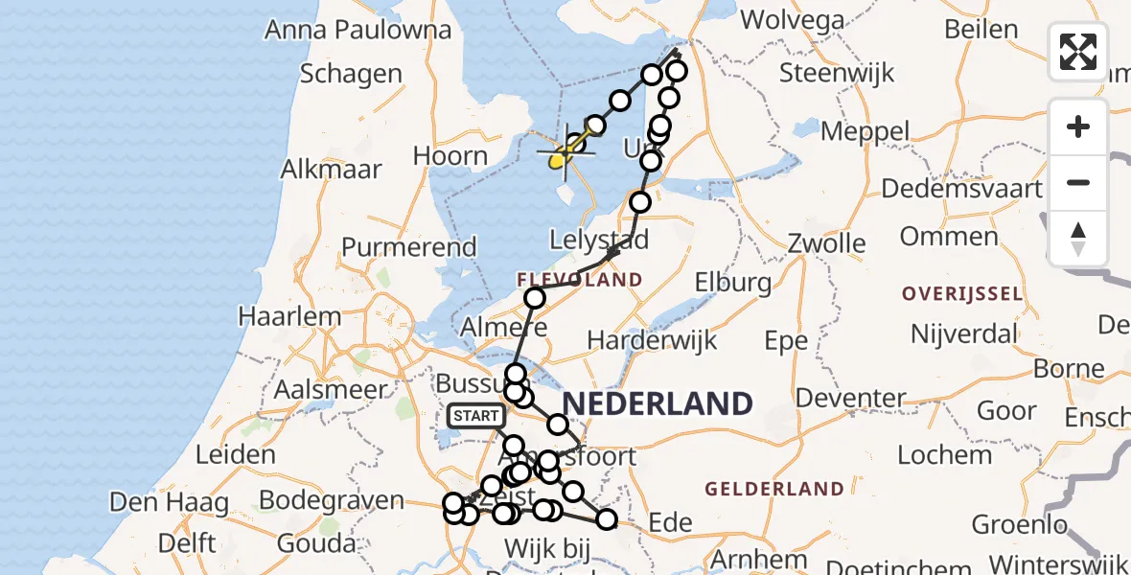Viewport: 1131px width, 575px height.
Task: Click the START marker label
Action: click(x=476, y=416)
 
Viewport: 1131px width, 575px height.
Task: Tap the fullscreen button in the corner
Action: click(x=1078, y=52)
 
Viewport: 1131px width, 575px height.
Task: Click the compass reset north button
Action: click(x=1078, y=239)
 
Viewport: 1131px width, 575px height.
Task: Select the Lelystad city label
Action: click(x=600, y=239)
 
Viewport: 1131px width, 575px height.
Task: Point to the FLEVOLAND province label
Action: click(x=579, y=280)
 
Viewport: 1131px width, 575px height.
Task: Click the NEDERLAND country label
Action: click(x=658, y=403)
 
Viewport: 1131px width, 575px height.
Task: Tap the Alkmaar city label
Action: click(x=331, y=170)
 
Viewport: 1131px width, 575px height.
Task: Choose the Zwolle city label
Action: click(x=826, y=243)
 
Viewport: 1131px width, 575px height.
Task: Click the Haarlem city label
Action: click(x=289, y=316)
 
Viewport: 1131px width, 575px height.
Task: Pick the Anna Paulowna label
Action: click(x=358, y=30)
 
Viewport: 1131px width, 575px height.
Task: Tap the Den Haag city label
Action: click(x=169, y=502)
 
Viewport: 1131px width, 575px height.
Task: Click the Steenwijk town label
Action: click(x=837, y=73)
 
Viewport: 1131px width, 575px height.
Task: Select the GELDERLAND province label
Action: click(x=774, y=490)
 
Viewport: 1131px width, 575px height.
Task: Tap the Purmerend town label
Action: click(x=409, y=247)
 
